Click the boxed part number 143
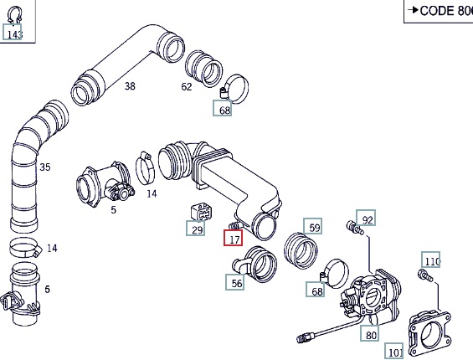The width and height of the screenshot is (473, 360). tap(13, 32)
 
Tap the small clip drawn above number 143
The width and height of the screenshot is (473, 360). tap(14, 14)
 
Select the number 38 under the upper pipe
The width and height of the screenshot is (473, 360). tap(130, 86)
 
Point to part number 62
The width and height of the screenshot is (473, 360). tap(187, 87)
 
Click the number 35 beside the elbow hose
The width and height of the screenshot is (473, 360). tap(45, 167)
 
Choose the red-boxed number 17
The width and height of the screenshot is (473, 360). tap(234, 238)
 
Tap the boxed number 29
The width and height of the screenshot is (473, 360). tap(196, 228)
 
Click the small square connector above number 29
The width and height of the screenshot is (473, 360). tap(201, 212)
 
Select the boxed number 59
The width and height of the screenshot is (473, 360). tap(313, 226)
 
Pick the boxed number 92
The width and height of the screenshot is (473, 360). tap(366, 218)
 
